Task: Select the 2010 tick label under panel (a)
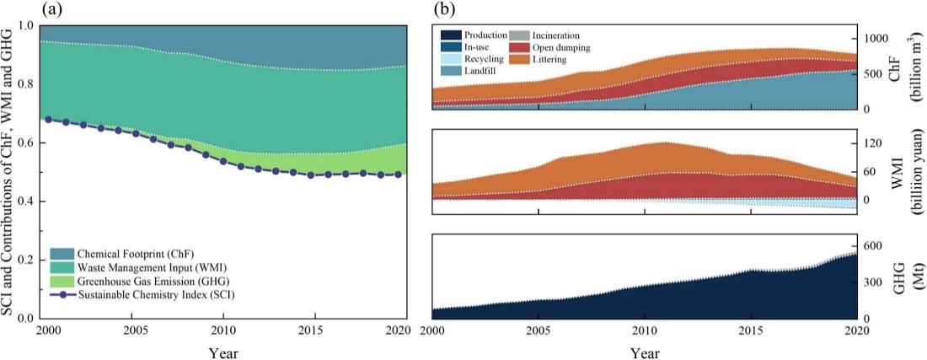(223, 329)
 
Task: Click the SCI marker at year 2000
(48, 120)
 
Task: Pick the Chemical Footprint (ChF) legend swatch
(62, 254)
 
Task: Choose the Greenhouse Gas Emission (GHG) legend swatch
(62, 281)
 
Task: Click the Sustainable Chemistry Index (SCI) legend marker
(62, 294)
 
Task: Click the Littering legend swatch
(517, 60)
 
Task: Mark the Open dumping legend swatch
(517, 48)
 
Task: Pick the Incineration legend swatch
(517, 35)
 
